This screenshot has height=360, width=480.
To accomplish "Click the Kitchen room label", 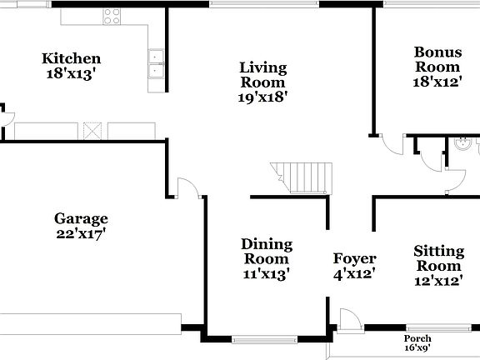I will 72,58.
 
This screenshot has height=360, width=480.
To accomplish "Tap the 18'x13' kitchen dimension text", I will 72,72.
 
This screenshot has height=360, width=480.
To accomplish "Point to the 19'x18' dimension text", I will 263,97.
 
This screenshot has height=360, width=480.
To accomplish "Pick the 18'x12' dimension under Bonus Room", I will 437,82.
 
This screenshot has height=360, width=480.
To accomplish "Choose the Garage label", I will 81,219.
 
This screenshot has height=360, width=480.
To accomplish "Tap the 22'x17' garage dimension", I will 81,234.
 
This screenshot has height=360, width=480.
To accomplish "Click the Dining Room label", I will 267,252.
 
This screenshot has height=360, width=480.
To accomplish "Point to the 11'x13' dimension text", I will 267,274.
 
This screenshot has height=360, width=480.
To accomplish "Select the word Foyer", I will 354,258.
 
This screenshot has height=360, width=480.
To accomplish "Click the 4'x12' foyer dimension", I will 354,273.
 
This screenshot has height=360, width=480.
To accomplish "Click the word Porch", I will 417,338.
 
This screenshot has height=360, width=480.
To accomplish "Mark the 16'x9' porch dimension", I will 417,348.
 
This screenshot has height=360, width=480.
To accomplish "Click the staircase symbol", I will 302,175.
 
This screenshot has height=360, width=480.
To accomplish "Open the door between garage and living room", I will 189,188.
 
